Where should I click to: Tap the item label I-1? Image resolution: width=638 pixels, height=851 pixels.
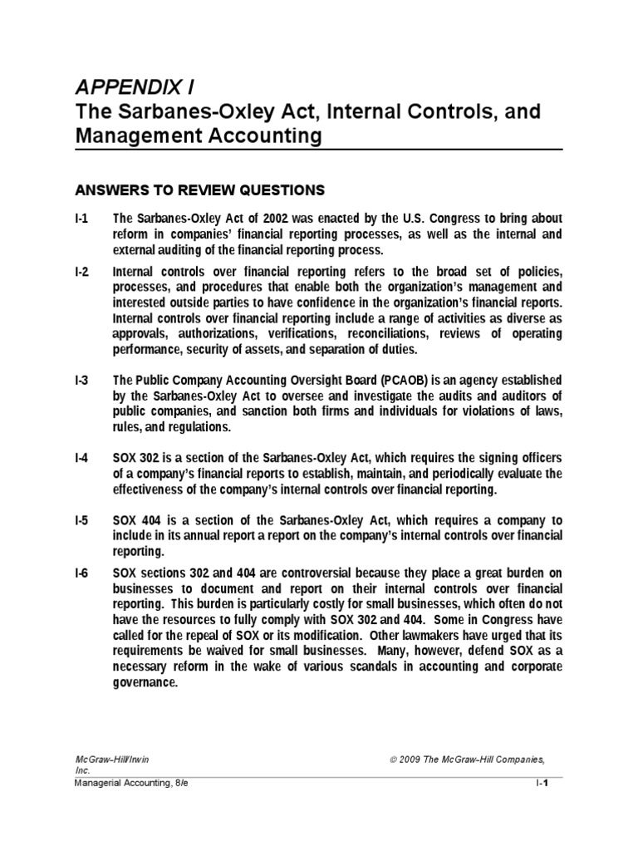tap(81, 219)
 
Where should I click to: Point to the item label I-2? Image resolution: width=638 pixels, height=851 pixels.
tap(81, 273)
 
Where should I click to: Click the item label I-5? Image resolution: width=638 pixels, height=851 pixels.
tap(81, 520)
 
